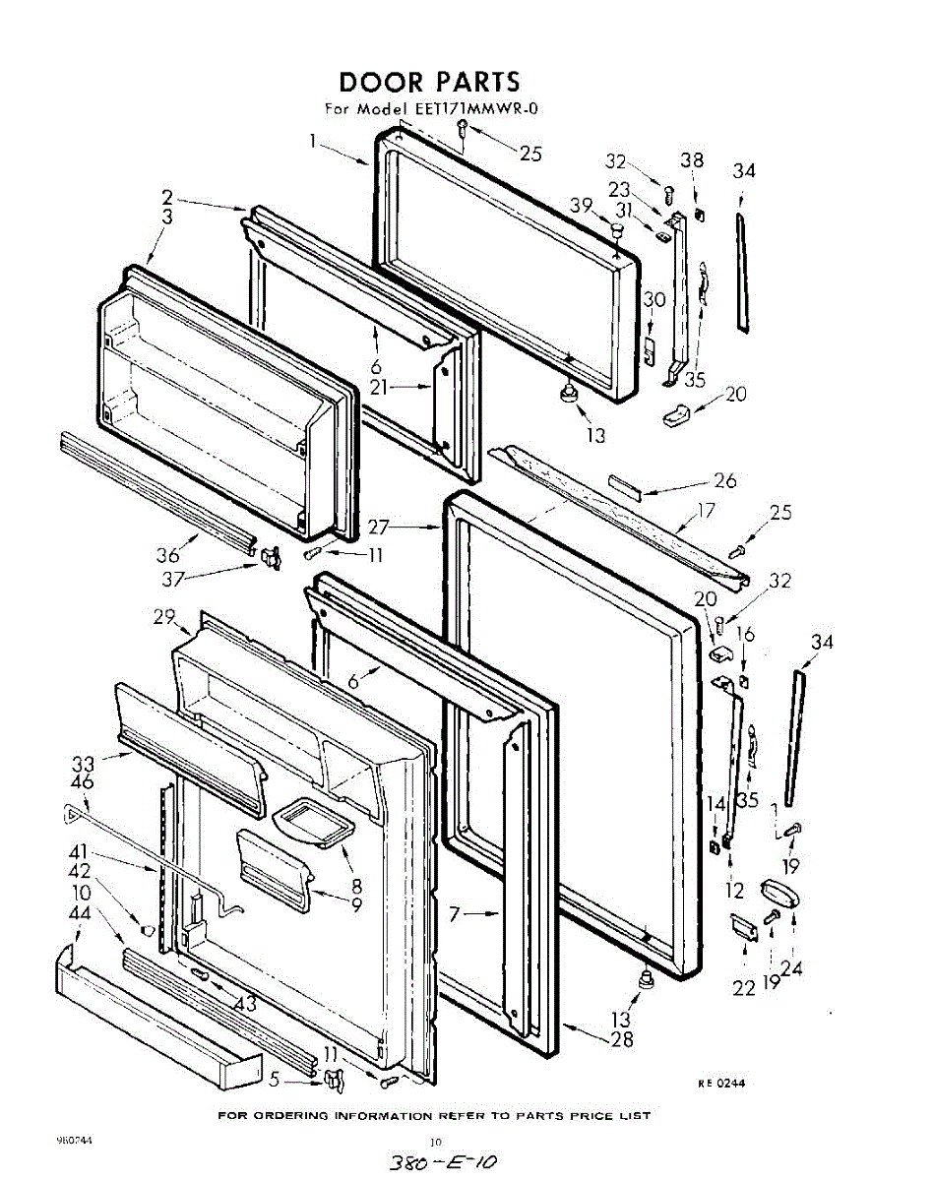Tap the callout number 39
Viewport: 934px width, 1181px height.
[x=581, y=205]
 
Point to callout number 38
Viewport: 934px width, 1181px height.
[x=692, y=160]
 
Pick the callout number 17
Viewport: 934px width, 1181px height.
[x=706, y=511]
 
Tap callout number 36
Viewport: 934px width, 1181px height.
[x=168, y=554]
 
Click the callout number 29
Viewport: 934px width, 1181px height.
[x=164, y=617]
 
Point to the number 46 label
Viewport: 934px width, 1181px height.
[x=83, y=783]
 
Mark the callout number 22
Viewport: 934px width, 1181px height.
[x=743, y=987]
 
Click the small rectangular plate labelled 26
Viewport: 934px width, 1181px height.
[x=625, y=482]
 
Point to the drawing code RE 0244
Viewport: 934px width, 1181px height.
[x=721, y=1084]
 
